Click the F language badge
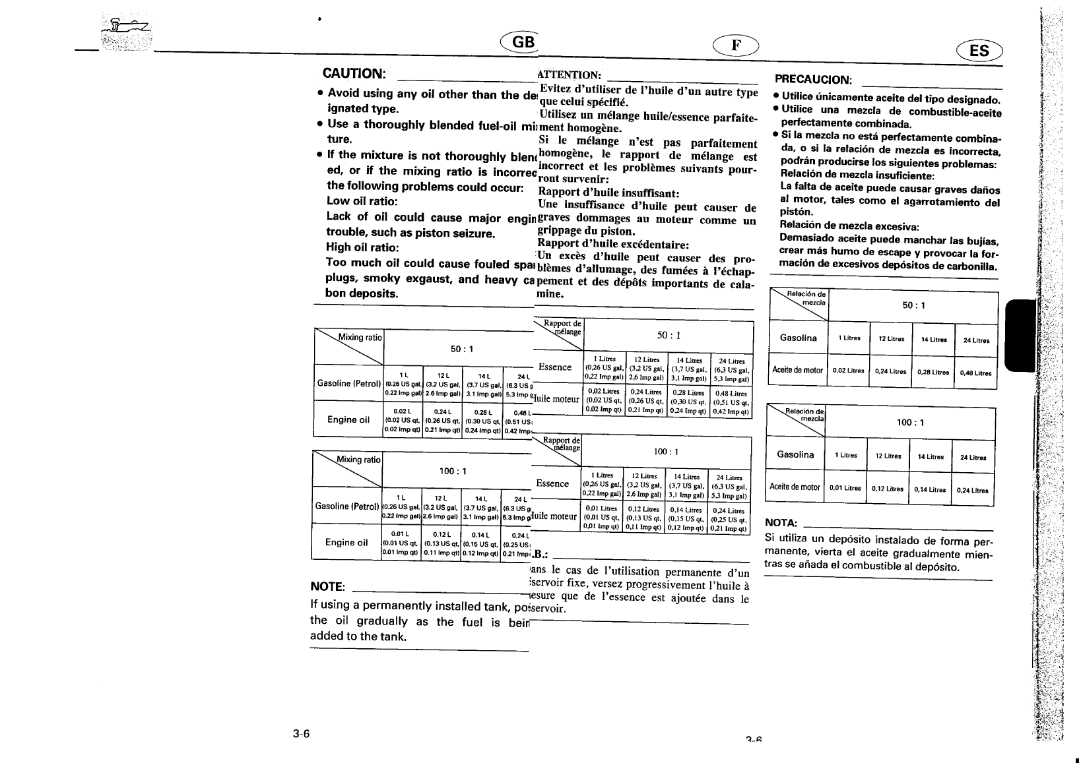[x=736, y=45]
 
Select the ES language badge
[x=979, y=49]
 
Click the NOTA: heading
[x=781, y=523]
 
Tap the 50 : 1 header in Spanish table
[x=913, y=305]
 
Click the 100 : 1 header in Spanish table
[x=909, y=423]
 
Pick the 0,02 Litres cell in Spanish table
[x=848, y=371]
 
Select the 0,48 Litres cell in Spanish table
[x=975, y=373]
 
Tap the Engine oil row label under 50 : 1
[x=348, y=419]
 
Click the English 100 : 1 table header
[x=453, y=471]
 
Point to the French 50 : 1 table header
[x=668, y=335]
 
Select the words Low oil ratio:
[x=362, y=201]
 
